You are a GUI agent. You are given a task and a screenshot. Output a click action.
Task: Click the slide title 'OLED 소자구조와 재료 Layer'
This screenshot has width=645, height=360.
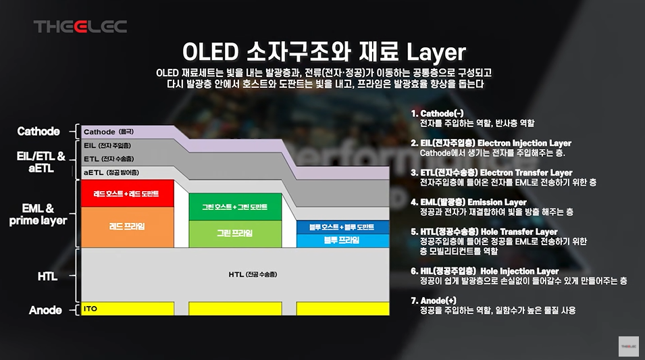(x=324, y=52)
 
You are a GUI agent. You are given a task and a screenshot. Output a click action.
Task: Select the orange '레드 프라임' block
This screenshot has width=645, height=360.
(x=126, y=226)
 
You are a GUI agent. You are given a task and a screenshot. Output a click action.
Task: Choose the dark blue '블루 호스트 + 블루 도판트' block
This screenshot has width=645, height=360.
(x=343, y=227)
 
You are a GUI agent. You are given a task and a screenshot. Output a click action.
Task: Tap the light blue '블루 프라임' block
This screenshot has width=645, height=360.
(x=343, y=240)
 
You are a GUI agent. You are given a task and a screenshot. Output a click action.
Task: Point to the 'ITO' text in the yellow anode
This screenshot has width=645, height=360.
(x=91, y=309)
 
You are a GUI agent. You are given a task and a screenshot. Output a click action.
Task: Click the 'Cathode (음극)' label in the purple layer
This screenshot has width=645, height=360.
(x=109, y=131)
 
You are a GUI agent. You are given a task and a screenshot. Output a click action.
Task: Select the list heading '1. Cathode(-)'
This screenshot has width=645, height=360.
(x=447, y=113)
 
